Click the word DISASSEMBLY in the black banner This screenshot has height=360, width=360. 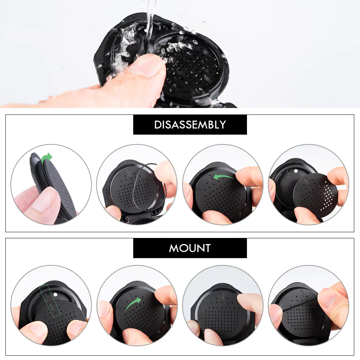(x=190, y=125)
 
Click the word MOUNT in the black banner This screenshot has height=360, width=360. (x=190, y=248)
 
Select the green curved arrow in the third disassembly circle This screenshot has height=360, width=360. (x=223, y=176)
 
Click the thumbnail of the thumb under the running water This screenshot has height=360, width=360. (x=148, y=65)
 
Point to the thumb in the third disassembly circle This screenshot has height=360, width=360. (x=248, y=176)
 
